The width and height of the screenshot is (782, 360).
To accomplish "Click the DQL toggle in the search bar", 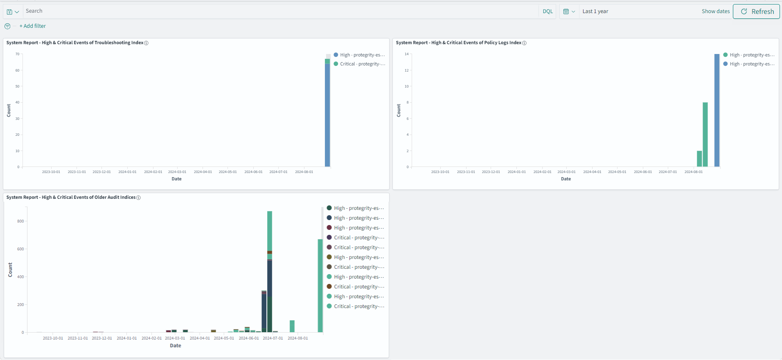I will click(x=548, y=11).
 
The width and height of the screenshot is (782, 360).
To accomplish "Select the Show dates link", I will click(x=715, y=11).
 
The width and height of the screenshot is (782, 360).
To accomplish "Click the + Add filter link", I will click(x=33, y=26).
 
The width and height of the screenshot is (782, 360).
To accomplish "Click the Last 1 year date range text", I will click(x=595, y=11).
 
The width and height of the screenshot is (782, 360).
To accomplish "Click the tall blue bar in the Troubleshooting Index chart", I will click(x=327, y=115).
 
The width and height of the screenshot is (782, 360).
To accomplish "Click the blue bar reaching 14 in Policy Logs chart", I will click(x=717, y=110).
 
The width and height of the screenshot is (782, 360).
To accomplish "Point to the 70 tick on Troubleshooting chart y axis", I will click(x=18, y=54).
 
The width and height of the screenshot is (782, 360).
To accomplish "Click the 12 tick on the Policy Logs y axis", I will click(x=406, y=70).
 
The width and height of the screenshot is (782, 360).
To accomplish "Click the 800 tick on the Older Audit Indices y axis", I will click(x=20, y=221).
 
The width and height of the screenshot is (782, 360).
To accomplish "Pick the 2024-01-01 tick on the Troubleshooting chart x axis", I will click(x=127, y=172).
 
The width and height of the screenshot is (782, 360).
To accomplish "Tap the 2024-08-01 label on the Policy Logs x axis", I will click(x=694, y=172).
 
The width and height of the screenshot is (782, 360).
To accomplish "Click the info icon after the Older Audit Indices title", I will click(x=138, y=198).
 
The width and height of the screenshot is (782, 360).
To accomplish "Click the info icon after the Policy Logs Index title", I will click(x=525, y=43).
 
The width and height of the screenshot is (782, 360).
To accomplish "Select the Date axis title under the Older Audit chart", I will click(x=176, y=346).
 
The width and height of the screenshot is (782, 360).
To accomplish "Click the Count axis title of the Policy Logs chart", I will click(x=399, y=110).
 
